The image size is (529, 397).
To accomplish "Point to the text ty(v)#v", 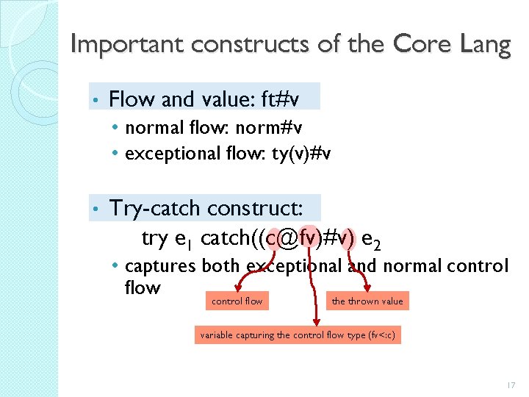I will click(298, 154).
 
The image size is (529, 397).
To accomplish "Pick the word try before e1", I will click(154, 238).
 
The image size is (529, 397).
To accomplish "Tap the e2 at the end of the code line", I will click(373, 240).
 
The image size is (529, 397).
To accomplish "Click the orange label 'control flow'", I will click(237, 301).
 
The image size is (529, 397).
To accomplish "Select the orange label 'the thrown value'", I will click(367, 301).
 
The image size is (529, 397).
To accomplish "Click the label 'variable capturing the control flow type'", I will click(301, 335).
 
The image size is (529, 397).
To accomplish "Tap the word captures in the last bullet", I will click(160, 265).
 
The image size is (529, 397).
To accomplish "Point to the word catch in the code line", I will click(223, 238).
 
